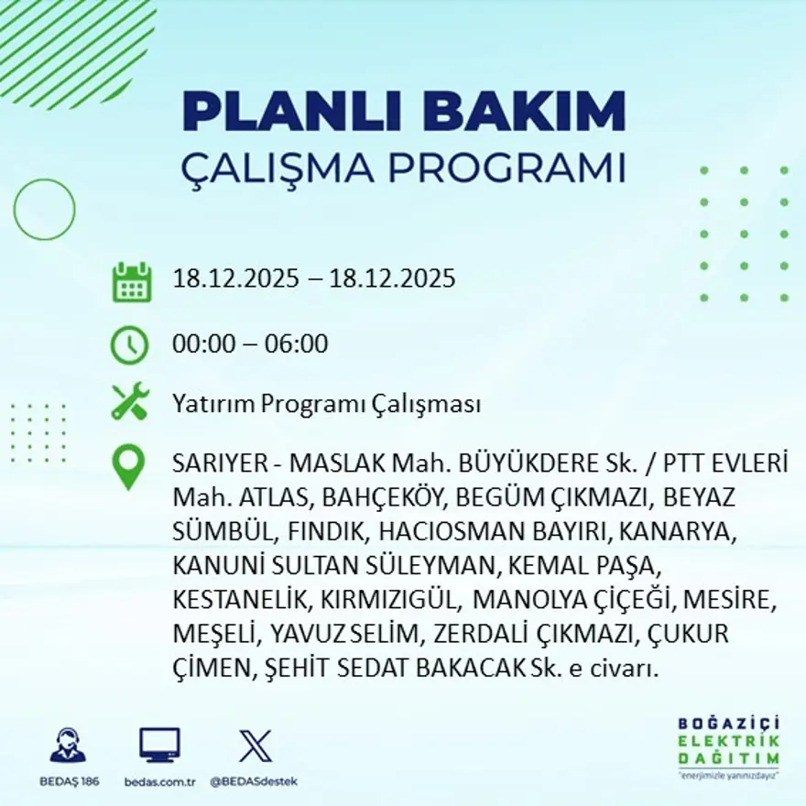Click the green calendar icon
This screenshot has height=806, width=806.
coord(131,282)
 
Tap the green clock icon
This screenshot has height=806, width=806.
coord(129,345)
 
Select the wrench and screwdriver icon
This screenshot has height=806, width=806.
coord(129,402)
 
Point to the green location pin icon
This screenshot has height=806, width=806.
coord(128,467)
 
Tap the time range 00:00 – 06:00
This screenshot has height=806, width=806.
coord(250,344)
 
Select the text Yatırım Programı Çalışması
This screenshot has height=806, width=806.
coord(326,404)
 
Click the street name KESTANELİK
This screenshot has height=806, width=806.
coord(242,600)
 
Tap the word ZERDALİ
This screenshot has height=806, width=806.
coord(483,634)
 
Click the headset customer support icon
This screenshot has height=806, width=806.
coord(67,746)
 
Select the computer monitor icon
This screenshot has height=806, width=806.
coord(159,745)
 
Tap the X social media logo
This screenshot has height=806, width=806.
coord(255,745)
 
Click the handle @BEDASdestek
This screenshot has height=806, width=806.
coord(254,781)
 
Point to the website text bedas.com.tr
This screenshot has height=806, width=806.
coord(159,781)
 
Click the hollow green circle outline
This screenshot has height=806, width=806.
coord(44,210)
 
